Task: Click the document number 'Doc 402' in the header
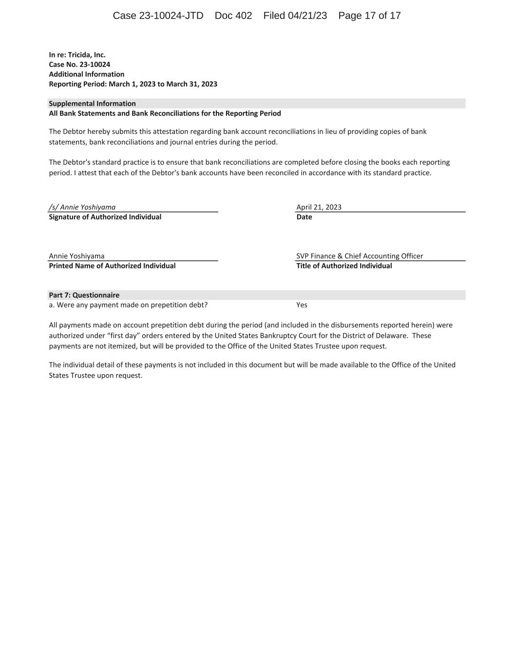[233, 16]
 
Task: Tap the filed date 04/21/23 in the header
[307, 16]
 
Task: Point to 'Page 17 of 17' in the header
[369, 16]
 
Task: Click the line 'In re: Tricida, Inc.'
[77, 55]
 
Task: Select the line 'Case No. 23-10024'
[79, 65]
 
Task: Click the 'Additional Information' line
[86, 75]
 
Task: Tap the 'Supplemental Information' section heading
[92, 104]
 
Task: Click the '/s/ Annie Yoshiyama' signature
[82, 207]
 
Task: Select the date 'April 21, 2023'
[319, 207]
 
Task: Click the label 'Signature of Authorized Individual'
[105, 217]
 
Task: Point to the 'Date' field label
[304, 217]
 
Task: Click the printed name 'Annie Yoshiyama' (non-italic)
[76, 256]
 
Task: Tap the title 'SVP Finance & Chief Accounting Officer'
[360, 256]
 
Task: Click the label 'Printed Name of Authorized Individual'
[112, 266]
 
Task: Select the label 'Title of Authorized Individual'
[344, 266]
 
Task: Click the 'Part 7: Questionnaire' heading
[84, 295]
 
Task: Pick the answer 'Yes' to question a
[302, 305]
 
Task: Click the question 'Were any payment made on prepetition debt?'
[132, 305]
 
